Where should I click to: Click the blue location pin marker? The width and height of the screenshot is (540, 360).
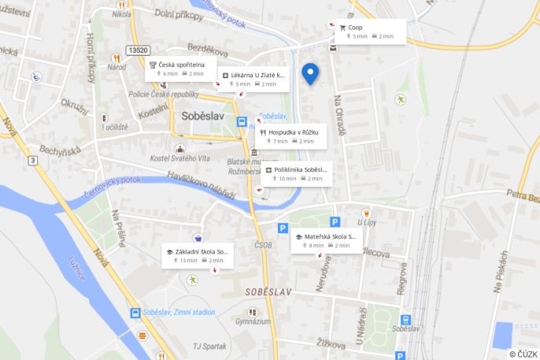pos(310,72)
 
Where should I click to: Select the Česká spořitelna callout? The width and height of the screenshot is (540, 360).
pos(180,69)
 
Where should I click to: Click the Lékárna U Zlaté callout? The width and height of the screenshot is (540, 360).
pos(253,80)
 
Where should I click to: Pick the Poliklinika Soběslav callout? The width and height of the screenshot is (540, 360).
pos(296,173)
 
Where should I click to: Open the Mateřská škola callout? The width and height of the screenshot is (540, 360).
pos(326,240)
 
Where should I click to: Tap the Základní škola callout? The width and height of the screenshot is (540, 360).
pos(197,256)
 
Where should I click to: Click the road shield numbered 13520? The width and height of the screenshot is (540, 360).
pos(138,50)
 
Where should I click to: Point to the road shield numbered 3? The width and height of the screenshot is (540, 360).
pos(33,161)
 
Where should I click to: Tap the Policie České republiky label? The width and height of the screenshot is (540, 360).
pos(164,94)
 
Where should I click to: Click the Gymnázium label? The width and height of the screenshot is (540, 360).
pos(253,321)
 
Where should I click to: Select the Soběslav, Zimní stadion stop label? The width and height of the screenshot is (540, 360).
pos(178,312)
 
